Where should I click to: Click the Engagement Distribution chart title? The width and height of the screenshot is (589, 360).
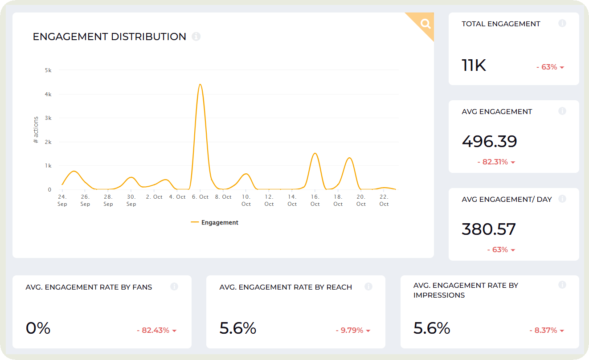pyautogui.click(x=110, y=37)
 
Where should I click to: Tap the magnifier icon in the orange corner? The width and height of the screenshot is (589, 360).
pyautogui.click(x=425, y=24)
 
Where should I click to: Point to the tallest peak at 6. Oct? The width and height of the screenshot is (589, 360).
pyautogui.click(x=200, y=85)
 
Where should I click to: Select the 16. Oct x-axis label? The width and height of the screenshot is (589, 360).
pyautogui.click(x=315, y=200)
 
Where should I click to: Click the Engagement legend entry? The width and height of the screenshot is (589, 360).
pyautogui.click(x=215, y=222)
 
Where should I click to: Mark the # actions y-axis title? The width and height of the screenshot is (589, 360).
pyautogui.click(x=36, y=130)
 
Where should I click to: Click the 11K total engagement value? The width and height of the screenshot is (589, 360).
pyautogui.click(x=474, y=65)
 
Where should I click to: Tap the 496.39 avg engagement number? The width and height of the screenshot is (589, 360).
pyautogui.click(x=489, y=141)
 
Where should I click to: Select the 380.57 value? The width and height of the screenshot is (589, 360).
pyautogui.click(x=489, y=229)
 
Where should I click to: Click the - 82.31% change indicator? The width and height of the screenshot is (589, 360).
pyautogui.click(x=496, y=162)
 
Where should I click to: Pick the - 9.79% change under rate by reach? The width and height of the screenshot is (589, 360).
pyautogui.click(x=353, y=330)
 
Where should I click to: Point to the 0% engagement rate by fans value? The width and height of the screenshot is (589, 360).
pyautogui.click(x=38, y=328)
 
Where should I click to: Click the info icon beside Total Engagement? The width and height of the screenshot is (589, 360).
pyautogui.click(x=562, y=23)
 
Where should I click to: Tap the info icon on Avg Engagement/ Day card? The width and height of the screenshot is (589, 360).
pyautogui.click(x=562, y=199)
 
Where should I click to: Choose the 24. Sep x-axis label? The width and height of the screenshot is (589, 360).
pyautogui.click(x=62, y=200)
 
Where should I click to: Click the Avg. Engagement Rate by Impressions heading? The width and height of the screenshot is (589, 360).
pyautogui.click(x=466, y=290)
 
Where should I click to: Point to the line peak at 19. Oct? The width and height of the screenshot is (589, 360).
pyautogui.click(x=349, y=158)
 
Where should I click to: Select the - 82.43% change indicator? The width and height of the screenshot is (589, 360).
pyautogui.click(x=156, y=330)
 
